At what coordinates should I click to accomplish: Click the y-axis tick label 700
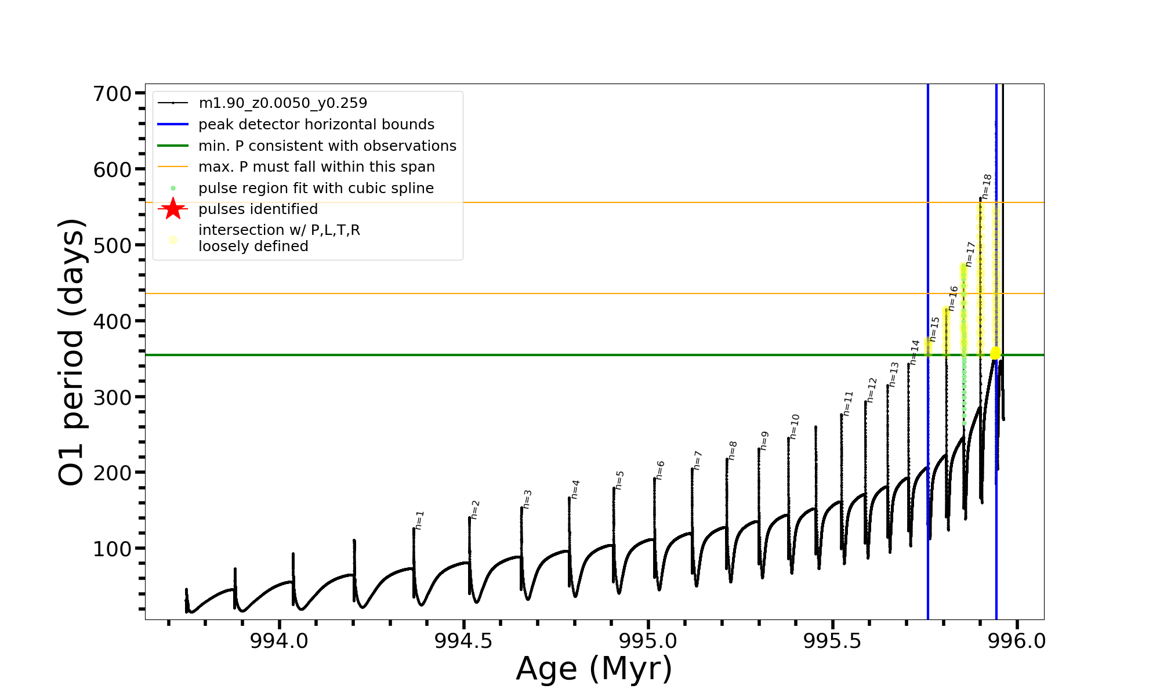[113, 93]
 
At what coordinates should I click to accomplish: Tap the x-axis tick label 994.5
[463, 641]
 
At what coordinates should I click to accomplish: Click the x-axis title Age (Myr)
[594, 669]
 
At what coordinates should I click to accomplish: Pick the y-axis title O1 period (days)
[72, 352]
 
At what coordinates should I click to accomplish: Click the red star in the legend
[173, 209]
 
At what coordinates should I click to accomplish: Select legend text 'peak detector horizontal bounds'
[316, 125]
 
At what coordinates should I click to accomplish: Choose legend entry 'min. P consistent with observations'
[327, 146]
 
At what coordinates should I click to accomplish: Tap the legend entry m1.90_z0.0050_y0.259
[282, 103]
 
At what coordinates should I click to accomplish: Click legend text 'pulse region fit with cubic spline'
[316, 188]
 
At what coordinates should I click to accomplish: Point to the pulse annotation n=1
[420, 520]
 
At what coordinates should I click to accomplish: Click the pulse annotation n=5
[620, 480]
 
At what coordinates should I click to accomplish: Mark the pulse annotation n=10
[795, 426]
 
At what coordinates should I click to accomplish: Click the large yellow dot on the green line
[995, 353]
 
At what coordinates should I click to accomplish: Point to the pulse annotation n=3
[528, 499]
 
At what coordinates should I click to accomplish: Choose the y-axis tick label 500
[113, 245]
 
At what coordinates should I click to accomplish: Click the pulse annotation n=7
[698, 460]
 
